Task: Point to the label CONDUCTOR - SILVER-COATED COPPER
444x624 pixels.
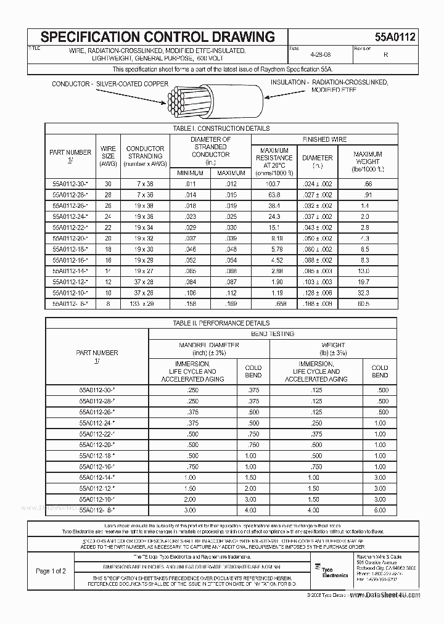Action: pos(109,83)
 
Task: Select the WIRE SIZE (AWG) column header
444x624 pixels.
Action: pos(108,156)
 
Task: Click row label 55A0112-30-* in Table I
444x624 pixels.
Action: pos(70,184)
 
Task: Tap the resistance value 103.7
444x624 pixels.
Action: pos(274,184)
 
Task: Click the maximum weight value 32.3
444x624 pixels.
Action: pos(364,294)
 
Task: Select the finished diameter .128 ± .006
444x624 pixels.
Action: pos(317,294)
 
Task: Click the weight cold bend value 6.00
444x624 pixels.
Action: pos(379,510)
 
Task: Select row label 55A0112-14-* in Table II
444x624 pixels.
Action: pos(97,477)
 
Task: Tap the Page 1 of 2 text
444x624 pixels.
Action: pos(51,571)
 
